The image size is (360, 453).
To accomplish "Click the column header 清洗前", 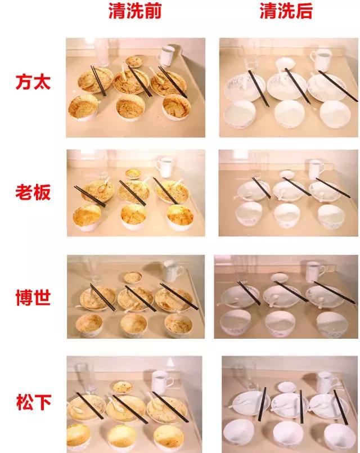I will (134, 11).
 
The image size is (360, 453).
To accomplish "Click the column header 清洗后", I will (286, 11).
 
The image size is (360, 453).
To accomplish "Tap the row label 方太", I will (33, 83).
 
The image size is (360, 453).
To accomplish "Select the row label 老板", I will (33, 192).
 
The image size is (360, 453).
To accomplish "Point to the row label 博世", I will (33, 297).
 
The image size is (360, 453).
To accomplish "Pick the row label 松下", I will (33, 402).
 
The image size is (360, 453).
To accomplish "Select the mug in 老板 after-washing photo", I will (316, 169).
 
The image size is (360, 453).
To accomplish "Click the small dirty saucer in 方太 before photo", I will (136, 61).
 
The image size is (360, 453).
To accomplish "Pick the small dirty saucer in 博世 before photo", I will (133, 277).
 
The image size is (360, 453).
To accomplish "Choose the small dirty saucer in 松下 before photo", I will (121, 387).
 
